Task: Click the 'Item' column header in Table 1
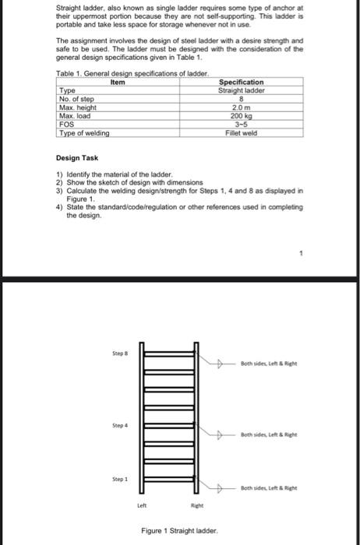118,81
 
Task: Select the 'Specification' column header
242,81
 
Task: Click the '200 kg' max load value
242,116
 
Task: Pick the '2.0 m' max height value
242,107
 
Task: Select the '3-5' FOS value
242,125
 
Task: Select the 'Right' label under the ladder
199,505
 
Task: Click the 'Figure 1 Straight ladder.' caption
179,531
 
